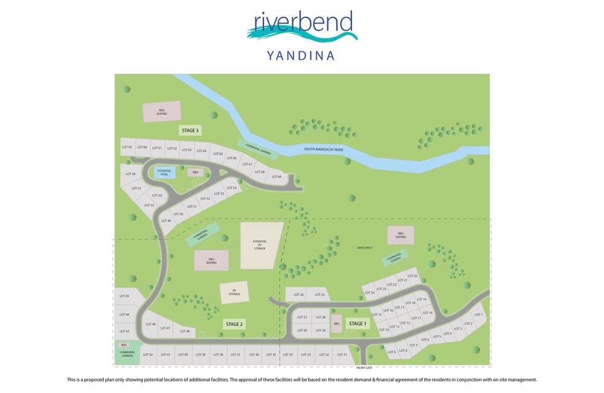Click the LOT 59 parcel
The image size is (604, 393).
(x=126, y=148)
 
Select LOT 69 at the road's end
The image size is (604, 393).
(x=276, y=177)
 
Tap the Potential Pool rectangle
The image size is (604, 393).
(x=164, y=172)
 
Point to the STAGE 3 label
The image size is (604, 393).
(x=190, y=130)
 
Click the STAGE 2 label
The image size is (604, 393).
(x=234, y=324)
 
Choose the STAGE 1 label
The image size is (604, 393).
(x=357, y=323)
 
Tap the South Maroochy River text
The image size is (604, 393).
(x=324, y=149)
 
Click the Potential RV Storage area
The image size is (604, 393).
(x=260, y=244)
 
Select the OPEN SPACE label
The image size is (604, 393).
(x=364, y=247)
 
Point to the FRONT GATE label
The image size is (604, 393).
(x=364, y=368)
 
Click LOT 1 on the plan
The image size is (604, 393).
(x=478, y=315)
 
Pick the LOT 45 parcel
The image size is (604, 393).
(x=124, y=296)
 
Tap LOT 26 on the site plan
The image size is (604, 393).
(x=298, y=295)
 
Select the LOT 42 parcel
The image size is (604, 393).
(x=148, y=355)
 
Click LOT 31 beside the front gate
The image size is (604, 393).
(x=342, y=355)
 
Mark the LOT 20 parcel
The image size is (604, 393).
(x=413, y=276)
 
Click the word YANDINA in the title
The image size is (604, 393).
(x=300, y=56)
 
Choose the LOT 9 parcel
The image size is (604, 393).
(x=391, y=352)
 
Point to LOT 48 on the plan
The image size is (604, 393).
(x=185, y=331)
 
